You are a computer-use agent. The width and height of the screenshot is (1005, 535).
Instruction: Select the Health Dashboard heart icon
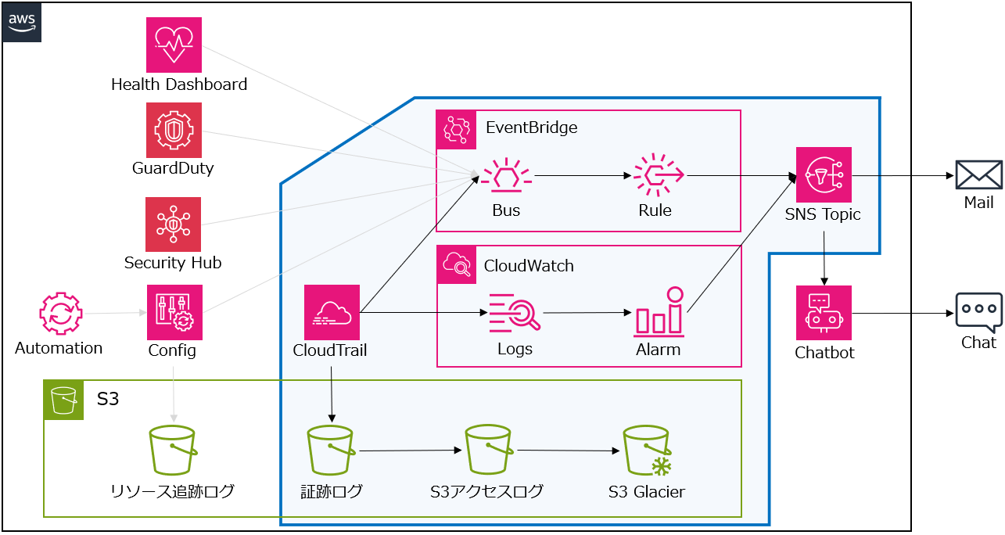[174, 45]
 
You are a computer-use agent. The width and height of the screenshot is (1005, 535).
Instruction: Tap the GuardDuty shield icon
[174, 130]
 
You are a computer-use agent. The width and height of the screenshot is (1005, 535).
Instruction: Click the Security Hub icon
[173, 224]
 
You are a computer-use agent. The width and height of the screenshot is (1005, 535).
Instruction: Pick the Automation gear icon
[60, 314]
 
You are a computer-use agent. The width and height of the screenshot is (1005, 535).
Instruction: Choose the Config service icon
[174, 312]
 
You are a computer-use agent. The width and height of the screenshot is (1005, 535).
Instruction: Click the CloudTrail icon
[332, 312]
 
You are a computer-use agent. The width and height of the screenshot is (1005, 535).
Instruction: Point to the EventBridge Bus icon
[505, 177]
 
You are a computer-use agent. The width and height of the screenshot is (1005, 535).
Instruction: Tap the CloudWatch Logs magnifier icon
[514, 314]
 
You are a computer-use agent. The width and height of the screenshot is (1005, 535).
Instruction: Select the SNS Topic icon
[824, 174]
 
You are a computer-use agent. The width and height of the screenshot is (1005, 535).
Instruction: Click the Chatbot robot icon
[824, 313]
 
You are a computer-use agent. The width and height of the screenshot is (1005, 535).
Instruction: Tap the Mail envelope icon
[978, 175]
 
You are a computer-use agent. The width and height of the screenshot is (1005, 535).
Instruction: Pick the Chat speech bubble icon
[978, 312]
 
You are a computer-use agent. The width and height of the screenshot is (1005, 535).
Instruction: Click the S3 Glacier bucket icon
[647, 451]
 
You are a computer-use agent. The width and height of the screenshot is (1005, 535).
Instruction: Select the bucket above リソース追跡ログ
[172, 451]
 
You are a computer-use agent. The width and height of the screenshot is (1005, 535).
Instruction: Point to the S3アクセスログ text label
[486, 492]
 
